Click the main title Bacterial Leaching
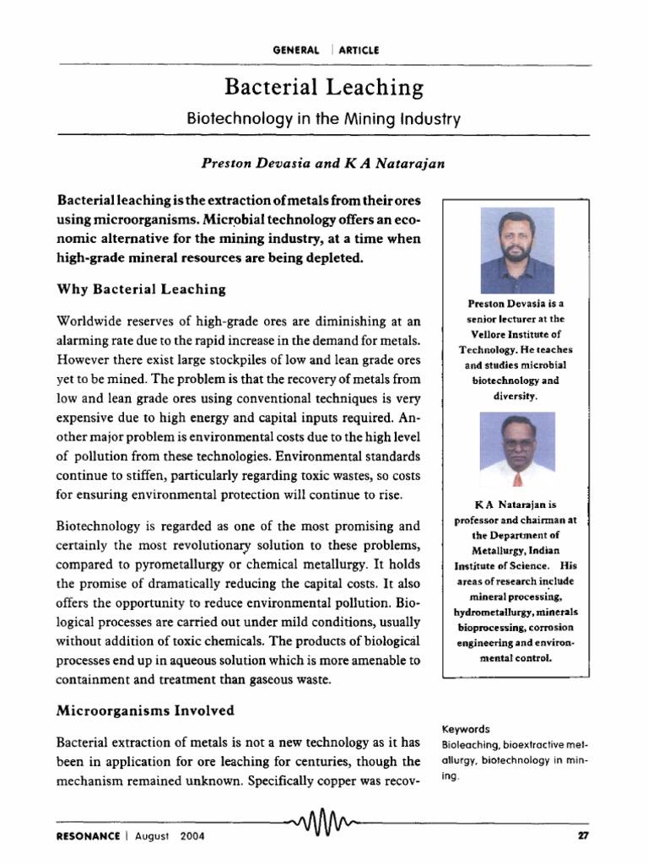coord(323,87)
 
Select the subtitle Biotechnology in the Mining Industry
coord(323,119)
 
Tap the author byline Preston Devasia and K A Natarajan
coord(323,161)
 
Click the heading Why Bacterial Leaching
coord(141,289)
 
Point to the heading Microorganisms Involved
coord(144,710)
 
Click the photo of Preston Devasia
coord(516,251)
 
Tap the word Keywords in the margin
coord(466,729)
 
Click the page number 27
coord(582,836)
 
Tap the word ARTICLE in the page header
coord(359,50)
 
